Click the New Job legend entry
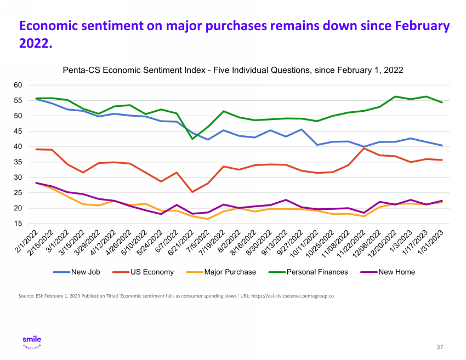tap(77, 272)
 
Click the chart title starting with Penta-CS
tap(233, 70)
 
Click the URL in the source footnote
tap(293, 296)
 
